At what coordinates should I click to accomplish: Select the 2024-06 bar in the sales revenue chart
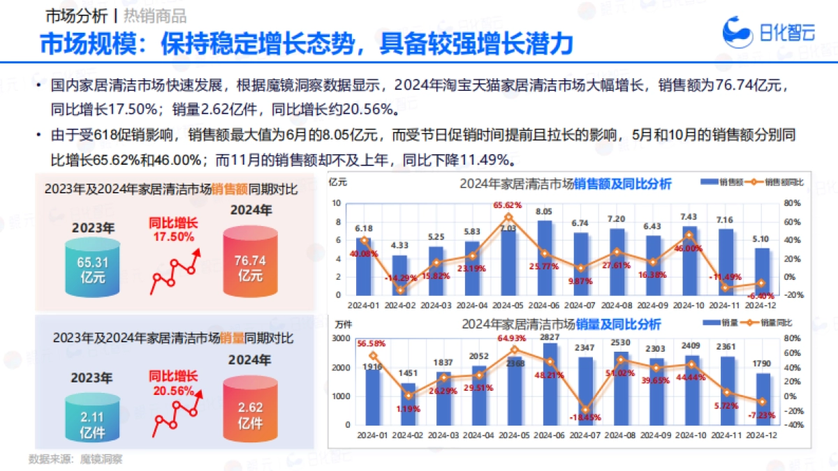pyautogui.click(x=544, y=258)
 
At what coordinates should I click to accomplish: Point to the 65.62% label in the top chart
pyautogui.click(x=508, y=205)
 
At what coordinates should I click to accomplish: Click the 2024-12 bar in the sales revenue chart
pyautogui.click(x=763, y=271)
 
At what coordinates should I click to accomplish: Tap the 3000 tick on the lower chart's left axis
pyautogui.click(x=340, y=338)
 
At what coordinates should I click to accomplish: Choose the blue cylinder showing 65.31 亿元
pyautogui.click(x=92, y=269)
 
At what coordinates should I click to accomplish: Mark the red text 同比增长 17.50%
pyautogui.click(x=172, y=230)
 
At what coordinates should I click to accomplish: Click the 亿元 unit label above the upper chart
pyautogui.click(x=337, y=182)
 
